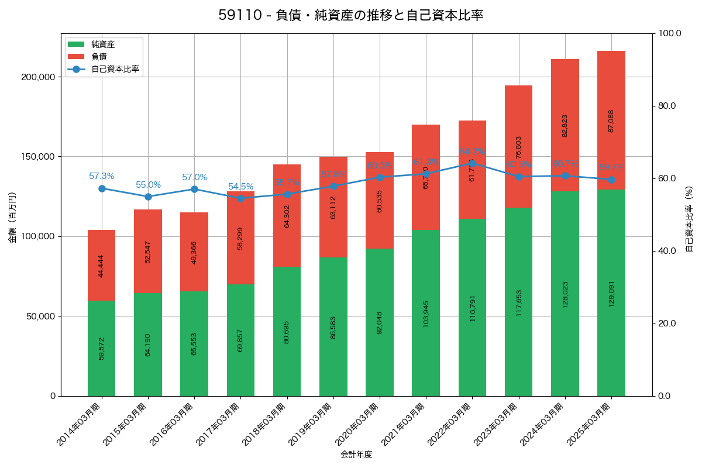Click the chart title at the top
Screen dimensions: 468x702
click(351, 15)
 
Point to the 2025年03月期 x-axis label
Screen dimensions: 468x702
click(590, 424)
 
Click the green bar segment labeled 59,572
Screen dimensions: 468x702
click(101, 348)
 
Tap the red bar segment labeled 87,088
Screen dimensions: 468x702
click(611, 121)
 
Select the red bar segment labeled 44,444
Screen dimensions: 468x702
click(101, 265)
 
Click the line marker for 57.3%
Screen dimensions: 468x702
click(102, 188)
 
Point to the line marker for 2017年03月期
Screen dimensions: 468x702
click(240, 198)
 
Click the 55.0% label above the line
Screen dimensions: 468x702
click(148, 185)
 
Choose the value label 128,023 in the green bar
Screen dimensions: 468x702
click(565, 294)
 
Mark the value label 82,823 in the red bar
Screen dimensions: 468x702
click(565, 125)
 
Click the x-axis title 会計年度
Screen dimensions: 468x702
click(356, 454)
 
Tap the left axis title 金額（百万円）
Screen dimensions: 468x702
click(12, 218)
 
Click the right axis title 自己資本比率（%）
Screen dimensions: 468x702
click(689, 219)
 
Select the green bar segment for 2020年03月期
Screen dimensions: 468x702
click(380, 322)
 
